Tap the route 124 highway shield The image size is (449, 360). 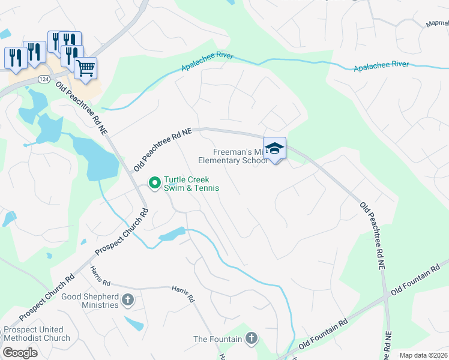(x=43, y=79)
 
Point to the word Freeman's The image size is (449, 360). (x=231, y=152)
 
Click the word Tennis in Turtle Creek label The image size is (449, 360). (x=205, y=188)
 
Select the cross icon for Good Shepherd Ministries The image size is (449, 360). (x=127, y=299)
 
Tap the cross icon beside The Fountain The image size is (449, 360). (x=251, y=339)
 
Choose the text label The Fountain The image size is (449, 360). (x=217, y=340)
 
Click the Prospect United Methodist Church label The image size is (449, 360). (x=37, y=334)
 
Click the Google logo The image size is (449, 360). (x=20, y=353)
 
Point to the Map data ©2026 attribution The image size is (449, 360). (x=423, y=355)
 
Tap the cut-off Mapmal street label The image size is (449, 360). (x=437, y=25)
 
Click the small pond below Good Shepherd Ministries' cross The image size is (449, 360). (x=134, y=324)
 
